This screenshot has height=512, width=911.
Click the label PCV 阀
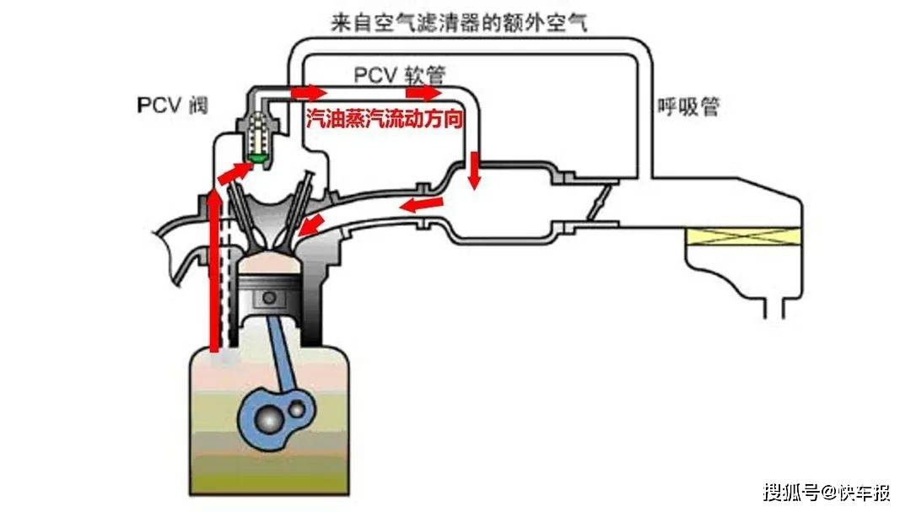171,105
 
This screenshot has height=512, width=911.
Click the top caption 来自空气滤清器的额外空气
458,22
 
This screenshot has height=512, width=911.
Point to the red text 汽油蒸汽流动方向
385,120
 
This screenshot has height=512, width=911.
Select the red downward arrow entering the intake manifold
475,170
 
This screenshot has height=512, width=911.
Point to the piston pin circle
270,297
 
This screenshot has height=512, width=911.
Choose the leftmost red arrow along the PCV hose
307,91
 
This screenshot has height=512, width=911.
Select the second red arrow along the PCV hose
423,91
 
